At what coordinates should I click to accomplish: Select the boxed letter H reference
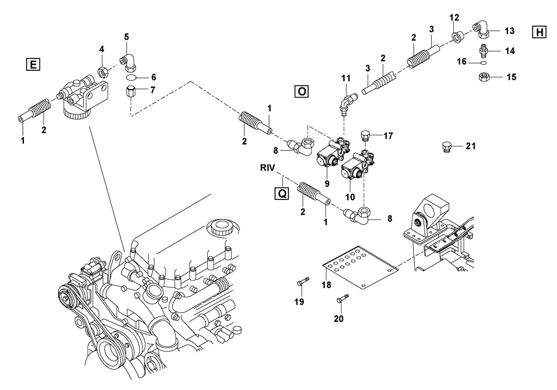point(539,32)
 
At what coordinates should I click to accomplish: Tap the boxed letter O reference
point(301,91)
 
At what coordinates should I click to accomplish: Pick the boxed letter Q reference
point(282,193)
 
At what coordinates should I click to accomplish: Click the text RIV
point(268,167)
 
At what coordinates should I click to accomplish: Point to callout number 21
point(471,147)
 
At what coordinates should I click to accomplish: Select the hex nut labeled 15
point(484,77)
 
